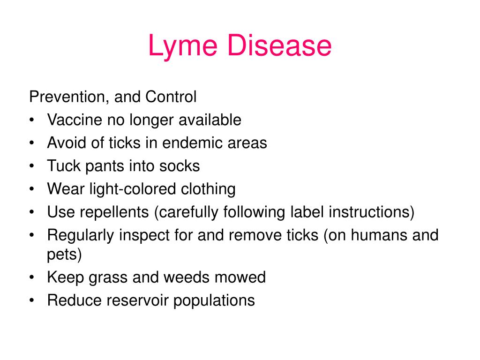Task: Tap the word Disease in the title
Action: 279,45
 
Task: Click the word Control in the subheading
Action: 171,97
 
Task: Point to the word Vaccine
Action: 75,120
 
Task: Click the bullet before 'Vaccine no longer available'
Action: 32,120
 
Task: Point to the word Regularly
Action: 81,236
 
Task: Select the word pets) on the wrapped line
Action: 64,255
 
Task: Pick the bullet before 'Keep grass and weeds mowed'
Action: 32,277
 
